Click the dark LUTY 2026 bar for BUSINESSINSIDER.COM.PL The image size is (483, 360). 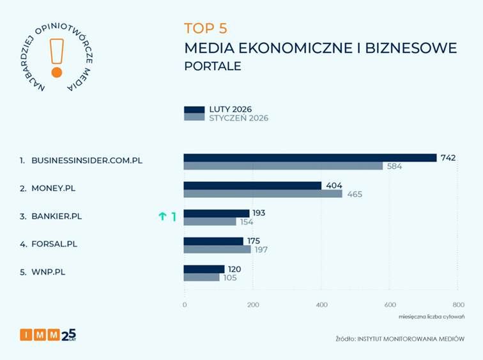tap(310, 158)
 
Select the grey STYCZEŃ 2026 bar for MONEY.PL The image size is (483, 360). tap(263, 193)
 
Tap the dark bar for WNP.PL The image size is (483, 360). tap(204, 269)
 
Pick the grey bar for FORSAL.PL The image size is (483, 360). tap(217, 249)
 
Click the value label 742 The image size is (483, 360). tap(448, 158)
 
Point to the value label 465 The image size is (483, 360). tap(355, 194)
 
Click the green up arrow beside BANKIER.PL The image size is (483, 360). tap(162, 216)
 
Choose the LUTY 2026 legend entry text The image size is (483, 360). tap(231, 109)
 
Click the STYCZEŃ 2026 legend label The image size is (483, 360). tap(239, 118)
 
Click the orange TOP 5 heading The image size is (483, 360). tap(206, 28)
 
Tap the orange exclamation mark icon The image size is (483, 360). tap(57, 57)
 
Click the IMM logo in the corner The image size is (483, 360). tap(48, 334)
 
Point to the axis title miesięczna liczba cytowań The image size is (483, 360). tap(432, 317)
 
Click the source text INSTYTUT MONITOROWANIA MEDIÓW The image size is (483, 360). tap(411, 338)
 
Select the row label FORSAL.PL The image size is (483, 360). tap(58, 243)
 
